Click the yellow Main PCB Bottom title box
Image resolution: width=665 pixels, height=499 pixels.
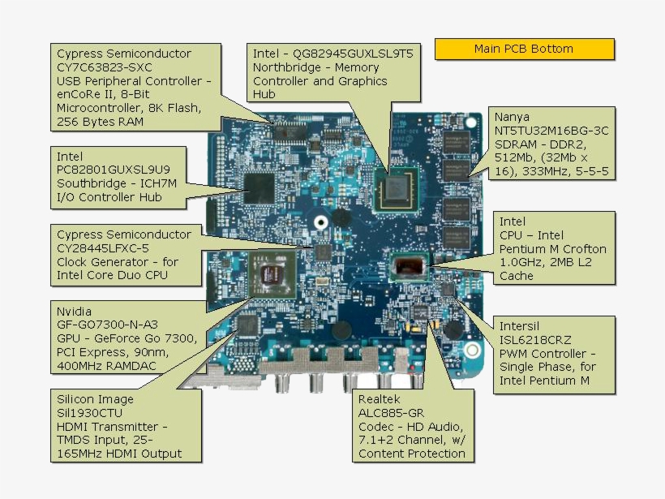524,49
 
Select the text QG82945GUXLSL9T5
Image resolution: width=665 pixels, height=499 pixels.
332,54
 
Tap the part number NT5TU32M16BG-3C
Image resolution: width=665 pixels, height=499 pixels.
551,131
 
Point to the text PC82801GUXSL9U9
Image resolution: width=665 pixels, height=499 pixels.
113,170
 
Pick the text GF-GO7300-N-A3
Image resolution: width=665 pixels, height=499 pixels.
106,325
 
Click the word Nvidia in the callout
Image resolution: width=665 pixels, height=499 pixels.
74,311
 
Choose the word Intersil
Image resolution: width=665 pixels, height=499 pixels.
521,327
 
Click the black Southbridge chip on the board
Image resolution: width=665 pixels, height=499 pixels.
261,186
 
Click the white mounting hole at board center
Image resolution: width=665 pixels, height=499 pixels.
321,221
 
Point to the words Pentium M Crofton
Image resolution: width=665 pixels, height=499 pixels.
552,248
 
